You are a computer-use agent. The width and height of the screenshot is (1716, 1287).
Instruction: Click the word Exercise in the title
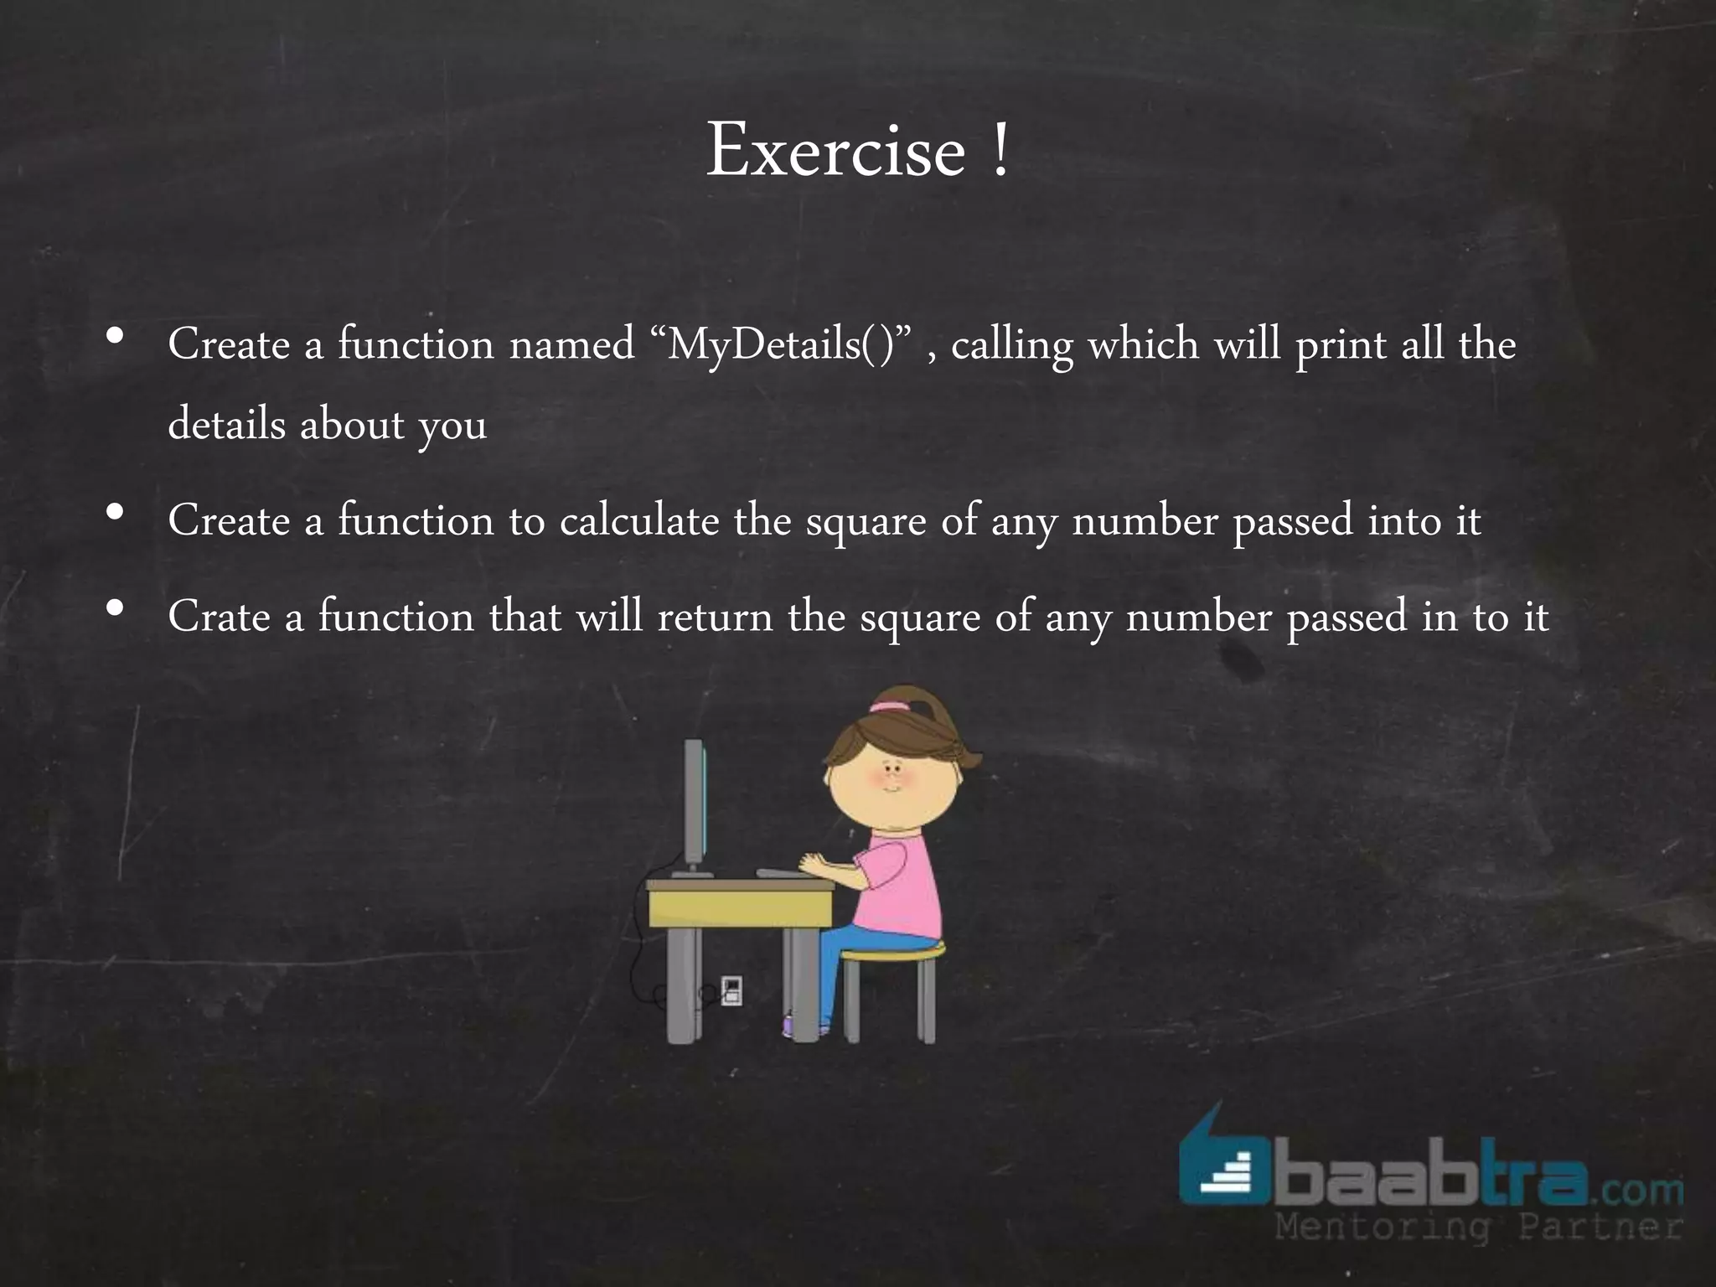click(x=835, y=152)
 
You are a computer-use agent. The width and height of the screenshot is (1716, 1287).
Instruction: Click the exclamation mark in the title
click(x=999, y=152)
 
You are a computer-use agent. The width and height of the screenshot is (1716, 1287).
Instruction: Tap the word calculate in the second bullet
click(x=639, y=521)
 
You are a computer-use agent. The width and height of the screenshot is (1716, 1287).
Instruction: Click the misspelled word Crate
click(x=219, y=618)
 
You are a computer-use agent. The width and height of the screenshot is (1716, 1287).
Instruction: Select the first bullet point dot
click(x=116, y=337)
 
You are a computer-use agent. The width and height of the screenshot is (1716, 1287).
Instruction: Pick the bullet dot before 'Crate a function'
click(x=116, y=607)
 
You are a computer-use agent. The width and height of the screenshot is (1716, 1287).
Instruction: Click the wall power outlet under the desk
click(x=731, y=990)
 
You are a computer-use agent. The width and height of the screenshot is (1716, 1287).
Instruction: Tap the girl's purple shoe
click(x=790, y=1025)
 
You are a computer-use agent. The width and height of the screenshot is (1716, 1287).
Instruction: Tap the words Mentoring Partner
click(x=1478, y=1229)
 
